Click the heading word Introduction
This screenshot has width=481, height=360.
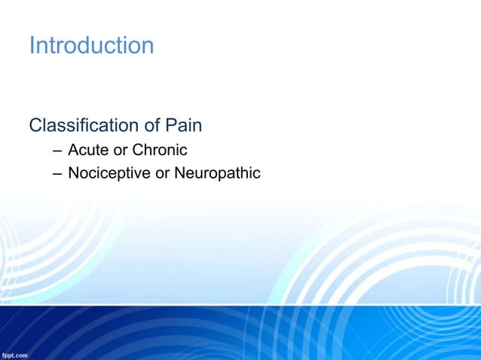click(91, 45)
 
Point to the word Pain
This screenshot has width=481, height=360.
click(183, 125)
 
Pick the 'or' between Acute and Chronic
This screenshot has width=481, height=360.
click(121, 150)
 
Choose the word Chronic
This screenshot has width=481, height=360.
click(160, 150)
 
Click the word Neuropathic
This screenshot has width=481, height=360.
click(217, 173)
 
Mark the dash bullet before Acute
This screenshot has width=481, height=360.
click(57, 151)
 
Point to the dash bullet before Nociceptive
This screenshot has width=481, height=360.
click(57, 174)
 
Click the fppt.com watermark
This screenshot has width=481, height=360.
click(15, 354)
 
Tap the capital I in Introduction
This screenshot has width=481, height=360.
click(32, 45)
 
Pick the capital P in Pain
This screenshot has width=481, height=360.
click(170, 125)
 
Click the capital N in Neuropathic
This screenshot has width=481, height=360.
click(179, 173)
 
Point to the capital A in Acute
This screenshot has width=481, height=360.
click(73, 150)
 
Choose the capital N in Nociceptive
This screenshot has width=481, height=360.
click(73, 173)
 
